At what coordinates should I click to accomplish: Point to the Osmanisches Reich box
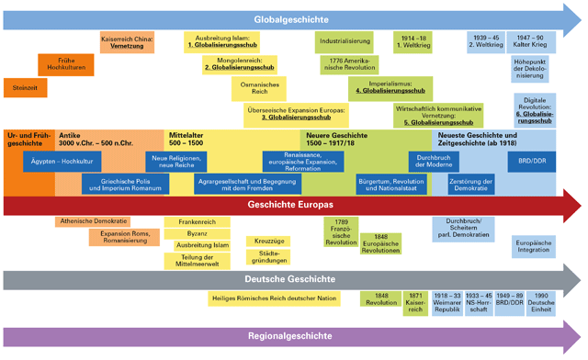click(246, 88)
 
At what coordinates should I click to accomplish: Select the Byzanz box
click(190, 234)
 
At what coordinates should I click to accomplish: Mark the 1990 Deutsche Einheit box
click(541, 302)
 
